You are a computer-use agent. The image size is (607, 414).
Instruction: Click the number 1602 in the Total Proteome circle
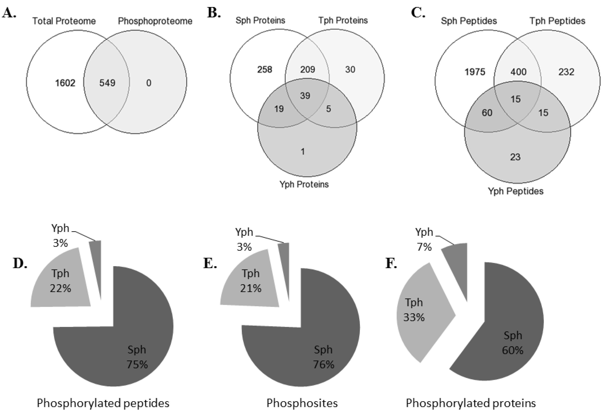coord(65,83)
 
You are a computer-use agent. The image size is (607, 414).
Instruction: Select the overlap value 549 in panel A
coord(107,83)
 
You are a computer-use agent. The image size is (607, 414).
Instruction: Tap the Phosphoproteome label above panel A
coord(155,21)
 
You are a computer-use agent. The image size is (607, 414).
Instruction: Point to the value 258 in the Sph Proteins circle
coord(265,70)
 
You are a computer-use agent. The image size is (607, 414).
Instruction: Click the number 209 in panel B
coord(307,70)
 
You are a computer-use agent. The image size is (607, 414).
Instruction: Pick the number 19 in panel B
coord(279,109)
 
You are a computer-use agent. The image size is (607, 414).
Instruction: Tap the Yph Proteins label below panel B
coord(304,184)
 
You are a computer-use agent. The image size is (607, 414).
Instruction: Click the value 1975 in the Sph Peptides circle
coord(475,72)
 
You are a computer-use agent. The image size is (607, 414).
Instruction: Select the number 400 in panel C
coord(518,72)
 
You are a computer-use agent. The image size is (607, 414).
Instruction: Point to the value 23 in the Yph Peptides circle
coord(515,157)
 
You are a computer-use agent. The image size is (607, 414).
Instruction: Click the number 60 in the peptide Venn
coord(487,113)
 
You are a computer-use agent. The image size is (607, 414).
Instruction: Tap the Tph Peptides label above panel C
coord(557,21)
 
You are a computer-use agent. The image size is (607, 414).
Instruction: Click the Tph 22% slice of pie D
coord(60,281)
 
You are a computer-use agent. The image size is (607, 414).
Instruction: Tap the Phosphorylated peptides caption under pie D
coord(103,403)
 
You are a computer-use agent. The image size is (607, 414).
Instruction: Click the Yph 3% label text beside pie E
coord(244,239)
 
